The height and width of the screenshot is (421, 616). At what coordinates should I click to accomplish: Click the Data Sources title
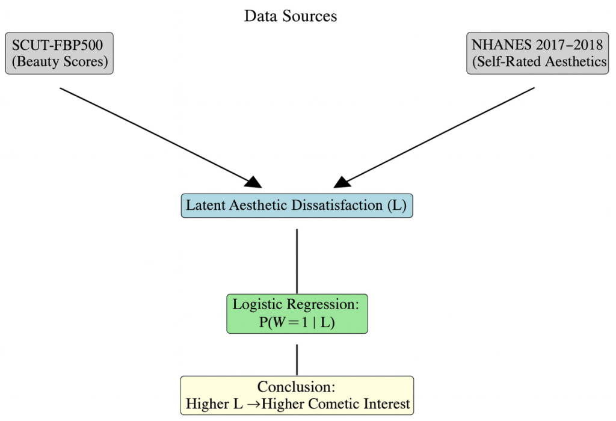point(290,16)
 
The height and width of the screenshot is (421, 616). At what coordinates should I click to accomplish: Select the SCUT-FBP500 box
point(59,54)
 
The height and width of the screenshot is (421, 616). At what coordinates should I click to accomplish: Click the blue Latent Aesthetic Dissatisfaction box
point(297,205)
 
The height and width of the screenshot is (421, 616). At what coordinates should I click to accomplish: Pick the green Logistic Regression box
point(297,313)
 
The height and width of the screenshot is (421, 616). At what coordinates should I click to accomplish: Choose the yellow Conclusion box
point(297,395)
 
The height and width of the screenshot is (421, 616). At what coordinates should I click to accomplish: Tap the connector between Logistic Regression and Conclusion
point(297,360)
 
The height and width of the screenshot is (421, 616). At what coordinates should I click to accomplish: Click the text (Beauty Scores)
point(59,62)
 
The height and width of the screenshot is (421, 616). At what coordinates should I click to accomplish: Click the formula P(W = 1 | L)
point(297,322)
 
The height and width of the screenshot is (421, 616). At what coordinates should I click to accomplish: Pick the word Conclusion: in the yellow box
point(296,387)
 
